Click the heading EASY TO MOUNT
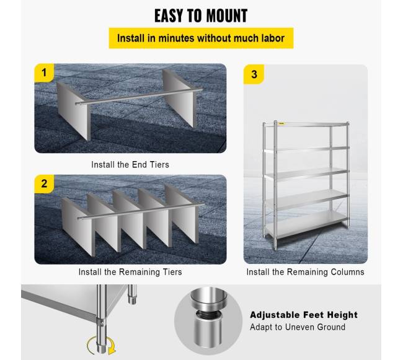[x=201, y=15]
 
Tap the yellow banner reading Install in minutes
[x=201, y=38]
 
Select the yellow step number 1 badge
[x=44, y=72]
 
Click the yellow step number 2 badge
[x=44, y=183]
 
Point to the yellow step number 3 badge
[x=254, y=74]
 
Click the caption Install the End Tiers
[x=130, y=165]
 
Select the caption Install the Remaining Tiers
[x=130, y=272]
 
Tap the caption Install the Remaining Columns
[x=305, y=272]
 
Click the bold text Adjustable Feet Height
[x=304, y=315]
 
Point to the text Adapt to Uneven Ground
[x=298, y=327]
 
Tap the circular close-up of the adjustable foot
[x=208, y=320]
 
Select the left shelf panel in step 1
[x=73, y=110]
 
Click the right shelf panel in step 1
[x=180, y=98]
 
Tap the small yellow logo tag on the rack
[x=281, y=124]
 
